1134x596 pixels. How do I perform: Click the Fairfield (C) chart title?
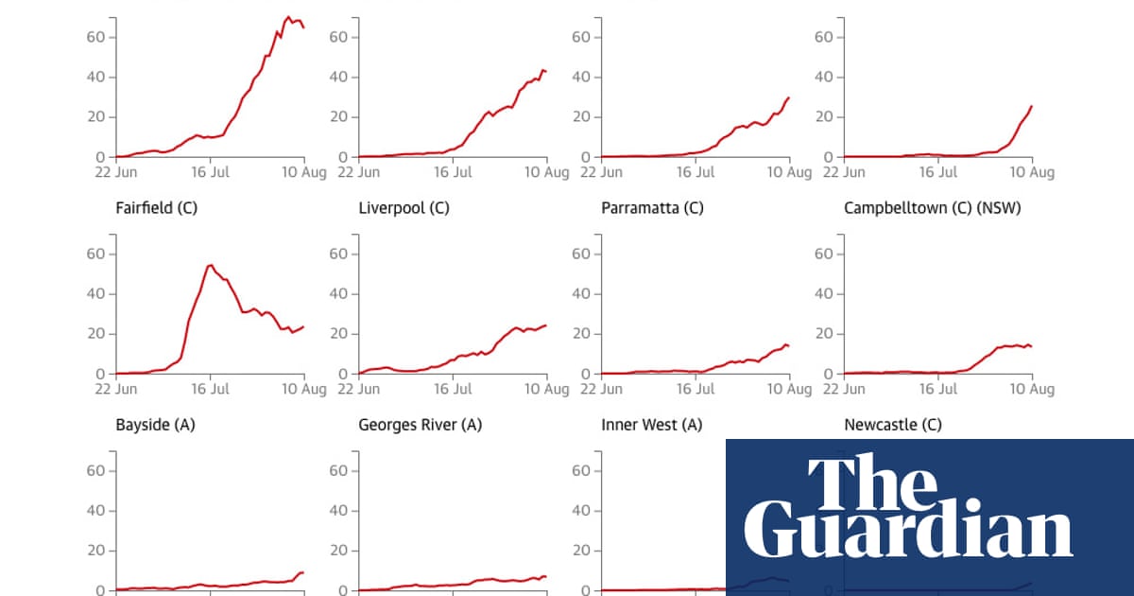(156, 208)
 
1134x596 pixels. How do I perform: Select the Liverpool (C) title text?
(404, 208)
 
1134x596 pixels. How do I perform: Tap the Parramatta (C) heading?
(652, 208)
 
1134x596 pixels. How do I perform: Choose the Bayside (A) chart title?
(155, 425)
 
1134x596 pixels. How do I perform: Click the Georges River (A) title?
(420, 425)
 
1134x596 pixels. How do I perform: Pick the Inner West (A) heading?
(651, 425)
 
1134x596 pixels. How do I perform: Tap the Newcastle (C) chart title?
(892, 425)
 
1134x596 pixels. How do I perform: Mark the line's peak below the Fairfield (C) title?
(210, 265)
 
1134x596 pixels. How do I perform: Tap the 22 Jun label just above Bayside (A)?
(115, 389)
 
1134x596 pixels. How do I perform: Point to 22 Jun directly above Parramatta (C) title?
(601, 173)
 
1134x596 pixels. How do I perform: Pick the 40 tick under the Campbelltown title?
(825, 293)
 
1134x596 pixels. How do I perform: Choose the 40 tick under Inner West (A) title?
(582, 511)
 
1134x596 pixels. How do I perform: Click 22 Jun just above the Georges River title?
(358, 389)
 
